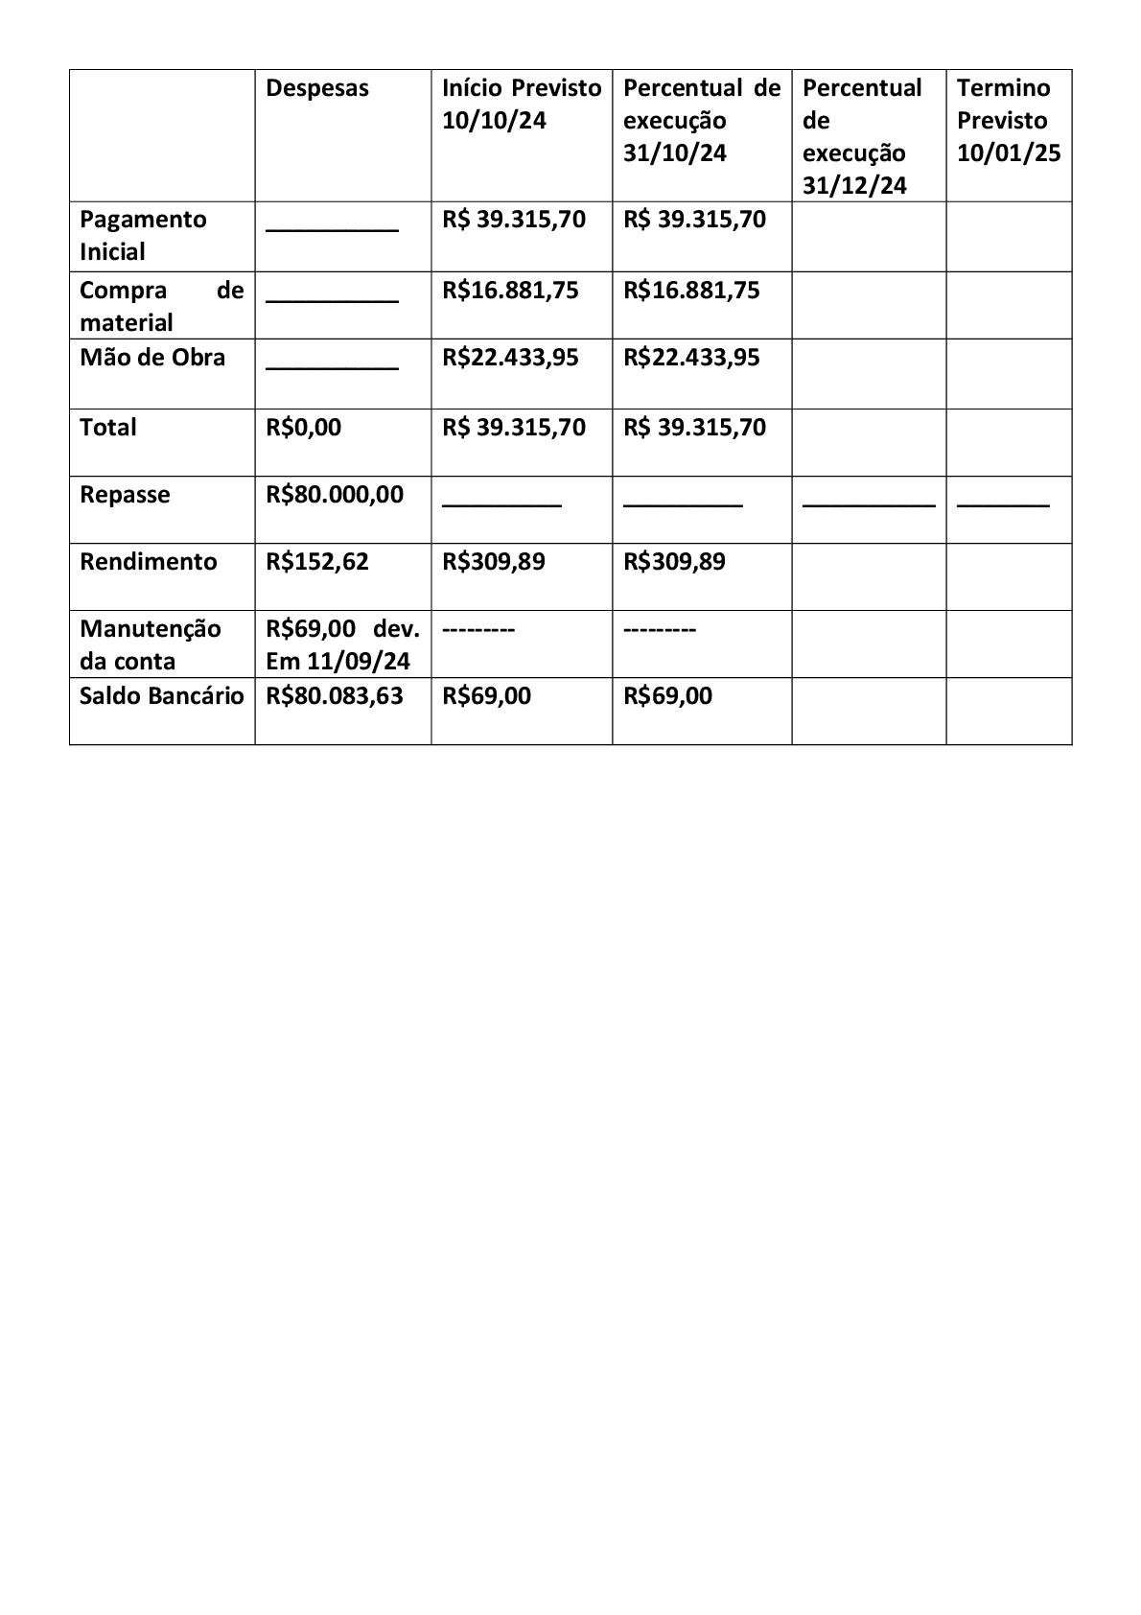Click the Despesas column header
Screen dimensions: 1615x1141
coord(316,88)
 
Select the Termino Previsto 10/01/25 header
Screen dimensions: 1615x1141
coord(1008,120)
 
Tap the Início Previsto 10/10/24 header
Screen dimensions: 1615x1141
coord(521,104)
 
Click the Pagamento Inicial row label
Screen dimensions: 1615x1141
coord(142,235)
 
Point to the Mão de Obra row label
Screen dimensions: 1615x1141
coord(151,358)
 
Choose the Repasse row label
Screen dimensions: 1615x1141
coord(125,495)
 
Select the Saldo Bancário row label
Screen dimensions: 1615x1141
coord(161,696)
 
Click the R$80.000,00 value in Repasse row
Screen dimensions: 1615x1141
coord(335,495)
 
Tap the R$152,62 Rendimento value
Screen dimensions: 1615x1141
coord(316,562)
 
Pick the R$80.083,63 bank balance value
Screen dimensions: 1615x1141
coord(335,696)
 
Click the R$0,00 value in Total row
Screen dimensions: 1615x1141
coord(303,428)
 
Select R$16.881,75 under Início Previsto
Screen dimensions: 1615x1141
coord(510,291)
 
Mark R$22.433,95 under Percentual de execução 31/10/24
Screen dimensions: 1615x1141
coord(691,358)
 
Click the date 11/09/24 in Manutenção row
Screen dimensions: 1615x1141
coord(359,662)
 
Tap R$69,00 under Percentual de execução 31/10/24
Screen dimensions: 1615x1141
coord(667,696)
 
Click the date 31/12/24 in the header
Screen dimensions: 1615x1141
coord(853,186)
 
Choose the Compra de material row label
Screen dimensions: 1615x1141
coord(161,306)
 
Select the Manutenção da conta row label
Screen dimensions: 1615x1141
coord(150,644)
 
